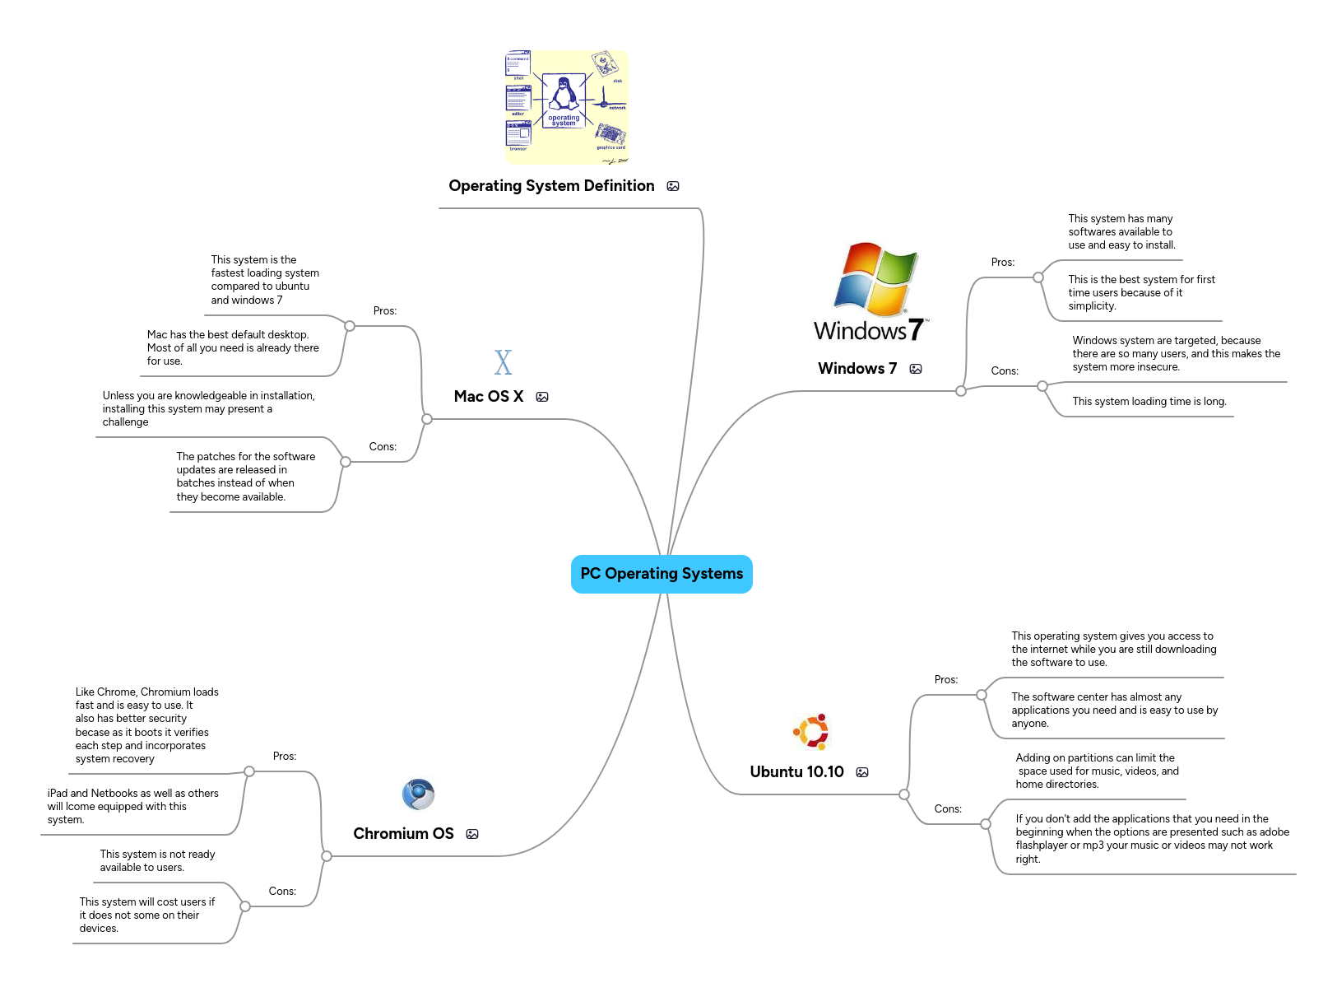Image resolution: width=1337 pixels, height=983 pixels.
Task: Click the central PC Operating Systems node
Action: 662,574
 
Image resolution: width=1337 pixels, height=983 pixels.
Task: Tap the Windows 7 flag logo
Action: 875,279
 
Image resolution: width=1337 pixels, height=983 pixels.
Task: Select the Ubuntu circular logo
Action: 812,731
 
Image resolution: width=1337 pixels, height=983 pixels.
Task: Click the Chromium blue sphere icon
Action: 418,794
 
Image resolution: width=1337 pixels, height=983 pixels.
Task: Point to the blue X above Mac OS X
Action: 503,362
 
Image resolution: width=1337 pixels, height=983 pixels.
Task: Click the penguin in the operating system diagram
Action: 564,94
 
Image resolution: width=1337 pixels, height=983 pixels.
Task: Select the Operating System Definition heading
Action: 551,186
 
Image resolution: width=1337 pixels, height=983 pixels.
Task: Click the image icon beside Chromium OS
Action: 472,834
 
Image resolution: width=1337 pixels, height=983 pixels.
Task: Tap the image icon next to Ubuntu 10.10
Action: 862,772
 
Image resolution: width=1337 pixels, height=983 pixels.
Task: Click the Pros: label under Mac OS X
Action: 384,311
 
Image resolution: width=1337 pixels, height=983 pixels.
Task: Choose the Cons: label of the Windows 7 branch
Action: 1005,371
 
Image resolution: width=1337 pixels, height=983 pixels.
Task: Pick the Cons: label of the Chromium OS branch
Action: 282,892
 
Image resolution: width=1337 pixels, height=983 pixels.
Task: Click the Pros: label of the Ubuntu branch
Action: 946,680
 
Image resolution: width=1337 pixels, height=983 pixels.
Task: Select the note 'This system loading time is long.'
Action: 1149,402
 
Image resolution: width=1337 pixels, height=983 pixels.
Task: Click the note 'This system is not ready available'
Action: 157,861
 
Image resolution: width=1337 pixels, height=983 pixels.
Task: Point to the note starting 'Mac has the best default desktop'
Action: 232,348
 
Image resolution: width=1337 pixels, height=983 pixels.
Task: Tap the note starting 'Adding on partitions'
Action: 1097,771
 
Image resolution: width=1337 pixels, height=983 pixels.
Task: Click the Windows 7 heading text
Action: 857,369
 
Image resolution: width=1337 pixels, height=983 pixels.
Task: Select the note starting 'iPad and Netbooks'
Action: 132,807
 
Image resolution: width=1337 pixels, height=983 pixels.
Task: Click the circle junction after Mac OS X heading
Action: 426,419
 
